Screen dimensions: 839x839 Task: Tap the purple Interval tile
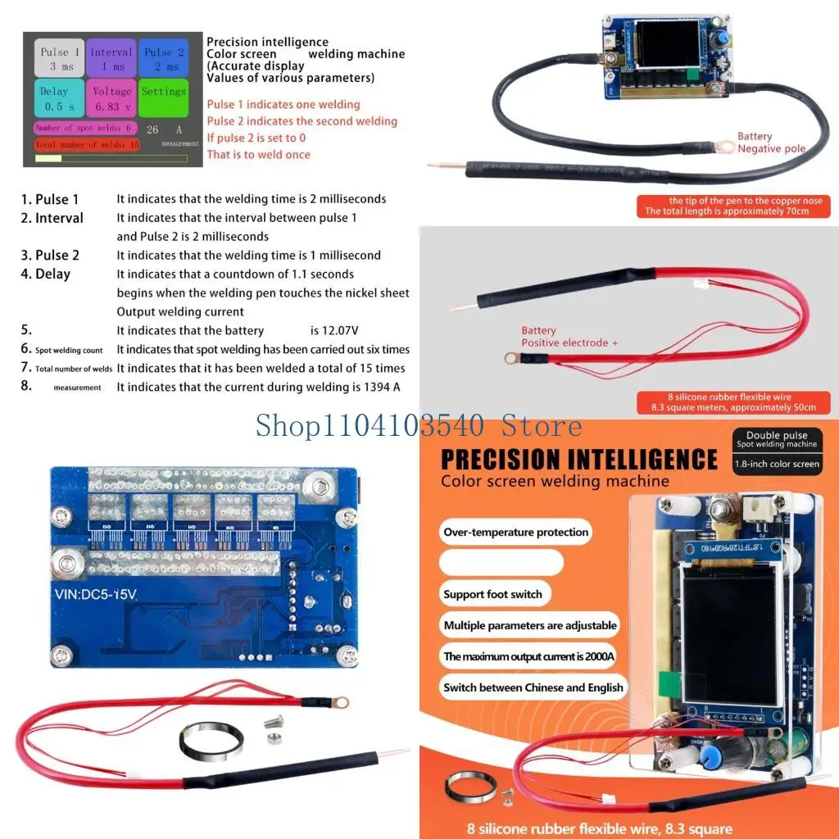pos(111,58)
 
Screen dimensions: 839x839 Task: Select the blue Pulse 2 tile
pos(163,58)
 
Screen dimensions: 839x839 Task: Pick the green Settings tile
pos(163,99)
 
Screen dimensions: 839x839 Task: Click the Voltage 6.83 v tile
pos(111,99)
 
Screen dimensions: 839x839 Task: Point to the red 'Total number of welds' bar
pos(87,145)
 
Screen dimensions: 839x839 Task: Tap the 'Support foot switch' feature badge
pos(492,594)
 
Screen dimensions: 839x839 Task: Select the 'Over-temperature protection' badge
pos(515,532)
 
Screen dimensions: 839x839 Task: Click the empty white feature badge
pos(501,563)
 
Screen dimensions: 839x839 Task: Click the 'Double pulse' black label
pos(776,439)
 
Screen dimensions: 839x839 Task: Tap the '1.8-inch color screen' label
pos(776,464)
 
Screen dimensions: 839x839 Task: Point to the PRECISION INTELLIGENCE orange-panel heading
pos(578,459)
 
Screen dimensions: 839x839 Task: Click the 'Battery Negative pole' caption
pos(771,143)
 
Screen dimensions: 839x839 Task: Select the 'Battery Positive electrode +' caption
pos(569,337)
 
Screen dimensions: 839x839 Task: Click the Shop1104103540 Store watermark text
pos(419,425)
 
